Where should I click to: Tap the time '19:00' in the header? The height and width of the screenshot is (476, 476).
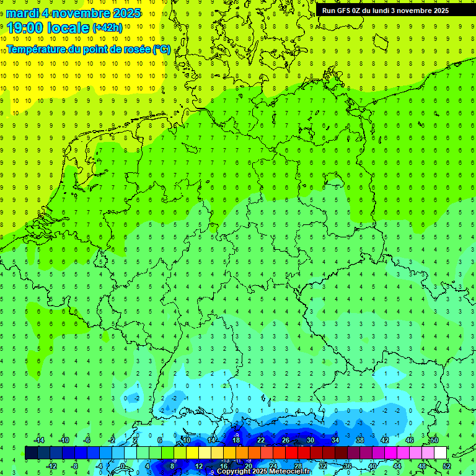pyautogui.click(x=27, y=27)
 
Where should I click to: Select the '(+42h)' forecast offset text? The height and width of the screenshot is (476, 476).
pyautogui.click(x=107, y=27)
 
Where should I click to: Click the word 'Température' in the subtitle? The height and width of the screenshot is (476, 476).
pyautogui.click(x=37, y=49)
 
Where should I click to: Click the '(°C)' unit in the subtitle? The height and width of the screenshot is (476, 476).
pyautogui.click(x=161, y=49)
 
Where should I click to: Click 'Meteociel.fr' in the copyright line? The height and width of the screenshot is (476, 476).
pyautogui.click(x=290, y=472)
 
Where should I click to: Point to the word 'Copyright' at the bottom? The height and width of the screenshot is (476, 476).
pyautogui.click(x=234, y=472)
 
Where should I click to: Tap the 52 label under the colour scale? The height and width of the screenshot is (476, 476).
pyautogui.click(x=447, y=465)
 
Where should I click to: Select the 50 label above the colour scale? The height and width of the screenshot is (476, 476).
pyautogui.click(x=434, y=440)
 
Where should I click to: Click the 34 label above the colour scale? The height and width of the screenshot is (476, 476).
pyautogui.click(x=335, y=440)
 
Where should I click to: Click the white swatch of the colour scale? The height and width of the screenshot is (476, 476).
pyautogui.click(x=440, y=452)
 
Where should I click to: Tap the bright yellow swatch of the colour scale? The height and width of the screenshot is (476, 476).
pyautogui.click(x=205, y=452)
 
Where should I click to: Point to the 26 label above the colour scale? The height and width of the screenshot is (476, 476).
pyautogui.click(x=285, y=440)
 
